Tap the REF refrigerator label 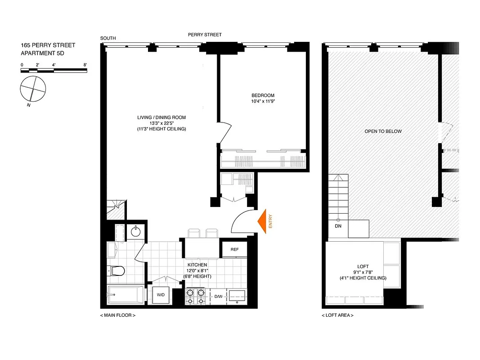[234, 249]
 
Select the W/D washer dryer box [161, 295]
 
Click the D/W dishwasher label [219, 296]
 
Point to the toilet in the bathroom [117, 270]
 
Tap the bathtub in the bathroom [126, 295]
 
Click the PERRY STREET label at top [205, 35]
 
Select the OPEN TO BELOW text [383, 131]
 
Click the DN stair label [338, 226]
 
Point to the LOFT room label [363, 266]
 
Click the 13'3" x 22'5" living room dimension [161, 123]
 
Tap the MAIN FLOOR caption [117, 315]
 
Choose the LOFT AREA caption [337, 315]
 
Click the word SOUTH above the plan [108, 38]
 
